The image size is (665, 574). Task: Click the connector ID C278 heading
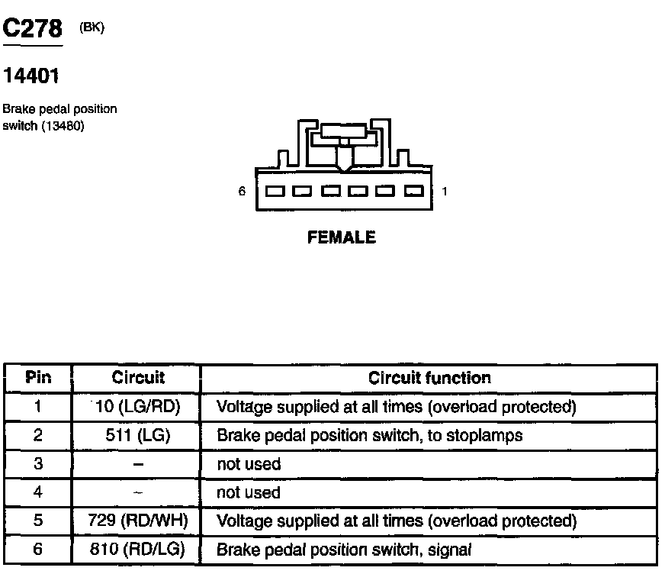(x=33, y=29)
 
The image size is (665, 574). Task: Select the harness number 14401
(x=31, y=76)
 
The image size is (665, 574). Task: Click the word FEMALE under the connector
(x=342, y=237)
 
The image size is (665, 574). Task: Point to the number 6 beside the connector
(x=242, y=192)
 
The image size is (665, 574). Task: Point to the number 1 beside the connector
(x=444, y=192)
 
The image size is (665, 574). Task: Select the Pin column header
(x=38, y=378)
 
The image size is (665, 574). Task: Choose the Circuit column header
(x=138, y=378)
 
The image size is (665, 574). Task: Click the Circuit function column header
(x=429, y=378)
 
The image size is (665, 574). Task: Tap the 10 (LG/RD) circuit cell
(x=138, y=407)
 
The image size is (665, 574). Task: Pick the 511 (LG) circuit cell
(x=138, y=436)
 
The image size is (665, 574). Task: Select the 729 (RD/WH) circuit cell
(x=138, y=521)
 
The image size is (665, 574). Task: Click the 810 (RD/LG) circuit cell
(x=138, y=549)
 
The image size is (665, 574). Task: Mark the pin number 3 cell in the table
(x=38, y=464)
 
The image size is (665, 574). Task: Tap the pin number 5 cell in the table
(x=38, y=521)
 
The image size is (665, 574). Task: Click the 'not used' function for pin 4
(x=249, y=493)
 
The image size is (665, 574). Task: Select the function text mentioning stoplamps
(x=370, y=436)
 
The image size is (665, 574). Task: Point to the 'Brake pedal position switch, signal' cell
(x=345, y=549)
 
